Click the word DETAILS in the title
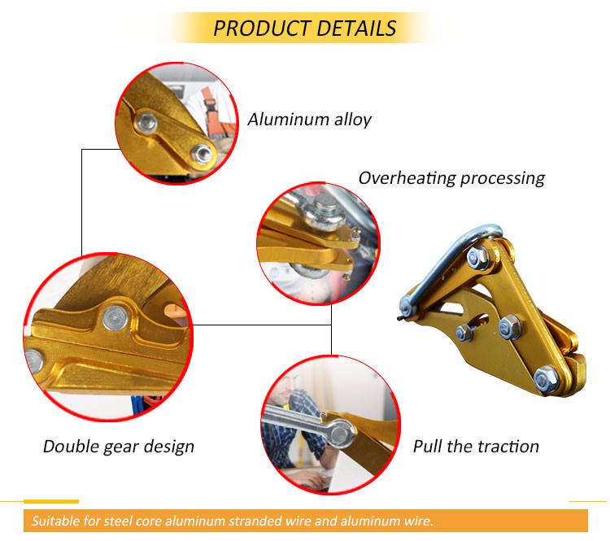356,28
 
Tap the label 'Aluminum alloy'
309,120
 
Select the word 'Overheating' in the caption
407,178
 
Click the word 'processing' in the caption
503,179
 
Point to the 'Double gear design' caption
119,447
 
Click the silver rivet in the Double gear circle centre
115,318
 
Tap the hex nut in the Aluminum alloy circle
202,153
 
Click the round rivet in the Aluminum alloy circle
146,123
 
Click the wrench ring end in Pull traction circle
341,434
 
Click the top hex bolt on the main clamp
477,257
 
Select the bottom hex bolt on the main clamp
546,379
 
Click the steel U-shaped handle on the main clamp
447,261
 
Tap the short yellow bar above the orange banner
51,501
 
